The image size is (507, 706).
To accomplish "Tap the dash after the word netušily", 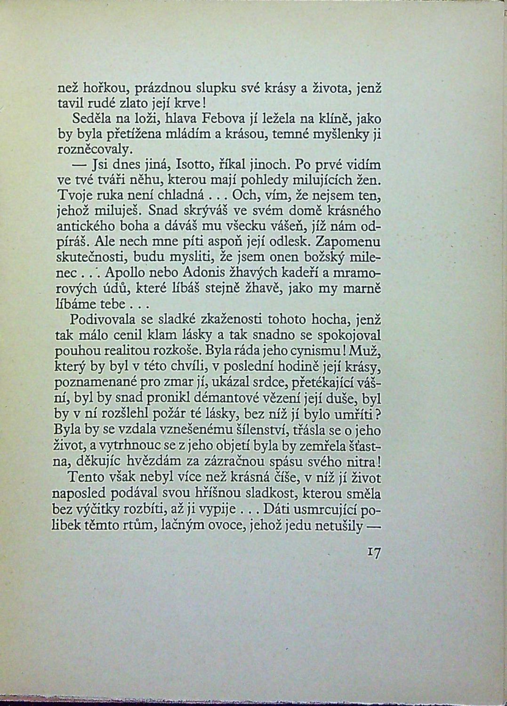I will tap(372, 526).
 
